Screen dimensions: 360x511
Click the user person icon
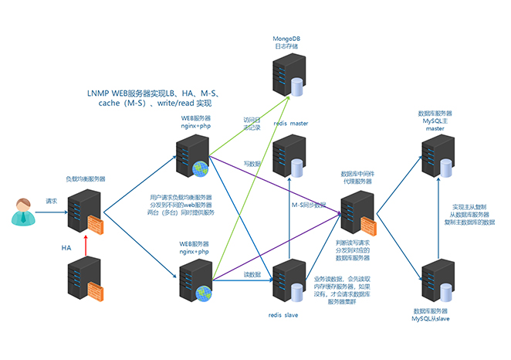[24, 211]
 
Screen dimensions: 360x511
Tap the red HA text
[66, 247]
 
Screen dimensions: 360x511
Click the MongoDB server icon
[285, 76]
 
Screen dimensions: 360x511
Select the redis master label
[290, 123]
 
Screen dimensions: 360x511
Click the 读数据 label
[253, 274]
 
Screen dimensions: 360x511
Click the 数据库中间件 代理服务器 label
[358, 179]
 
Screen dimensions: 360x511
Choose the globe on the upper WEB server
[201, 167]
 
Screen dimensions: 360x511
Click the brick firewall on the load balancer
[96, 226]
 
